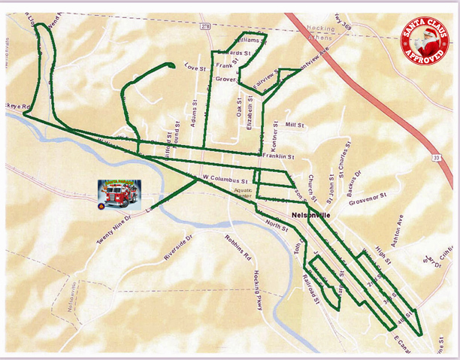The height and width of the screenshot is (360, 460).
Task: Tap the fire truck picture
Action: pos(119,193)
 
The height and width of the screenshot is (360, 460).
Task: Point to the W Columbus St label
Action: pos(225,180)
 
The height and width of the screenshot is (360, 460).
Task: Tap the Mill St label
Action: pos(295,125)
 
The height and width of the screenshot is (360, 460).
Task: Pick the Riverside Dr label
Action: pos(178,247)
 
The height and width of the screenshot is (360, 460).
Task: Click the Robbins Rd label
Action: pos(238,248)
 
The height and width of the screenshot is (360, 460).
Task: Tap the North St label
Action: pos(276,225)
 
